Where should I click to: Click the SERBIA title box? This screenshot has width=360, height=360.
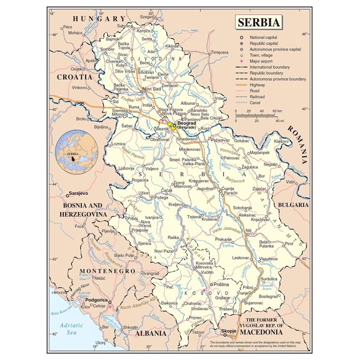click(259, 23)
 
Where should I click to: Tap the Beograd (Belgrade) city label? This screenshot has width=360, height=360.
click(187, 126)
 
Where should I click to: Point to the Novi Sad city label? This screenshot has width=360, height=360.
click(152, 89)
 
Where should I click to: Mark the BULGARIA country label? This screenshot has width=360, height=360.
click(293, 204)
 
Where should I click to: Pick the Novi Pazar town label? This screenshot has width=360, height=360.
click(165, 251)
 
